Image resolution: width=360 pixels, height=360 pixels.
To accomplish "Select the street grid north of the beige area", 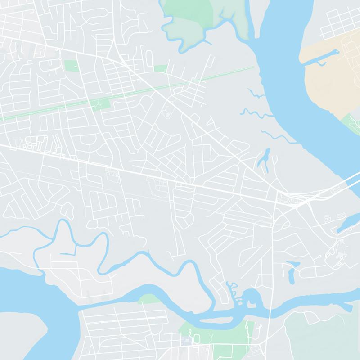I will pyautogui.click(x=340, y=22).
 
